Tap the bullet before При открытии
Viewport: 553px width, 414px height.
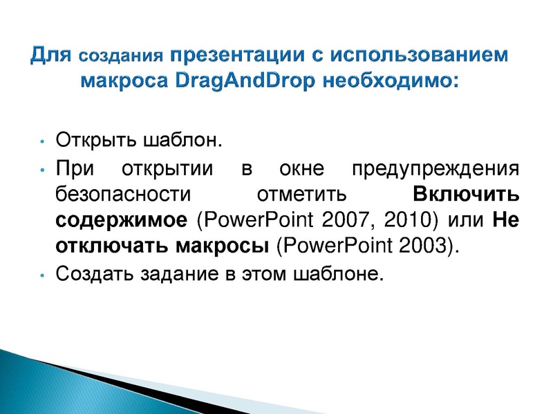(42, 170)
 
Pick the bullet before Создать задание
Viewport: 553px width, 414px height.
(42, 275)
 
